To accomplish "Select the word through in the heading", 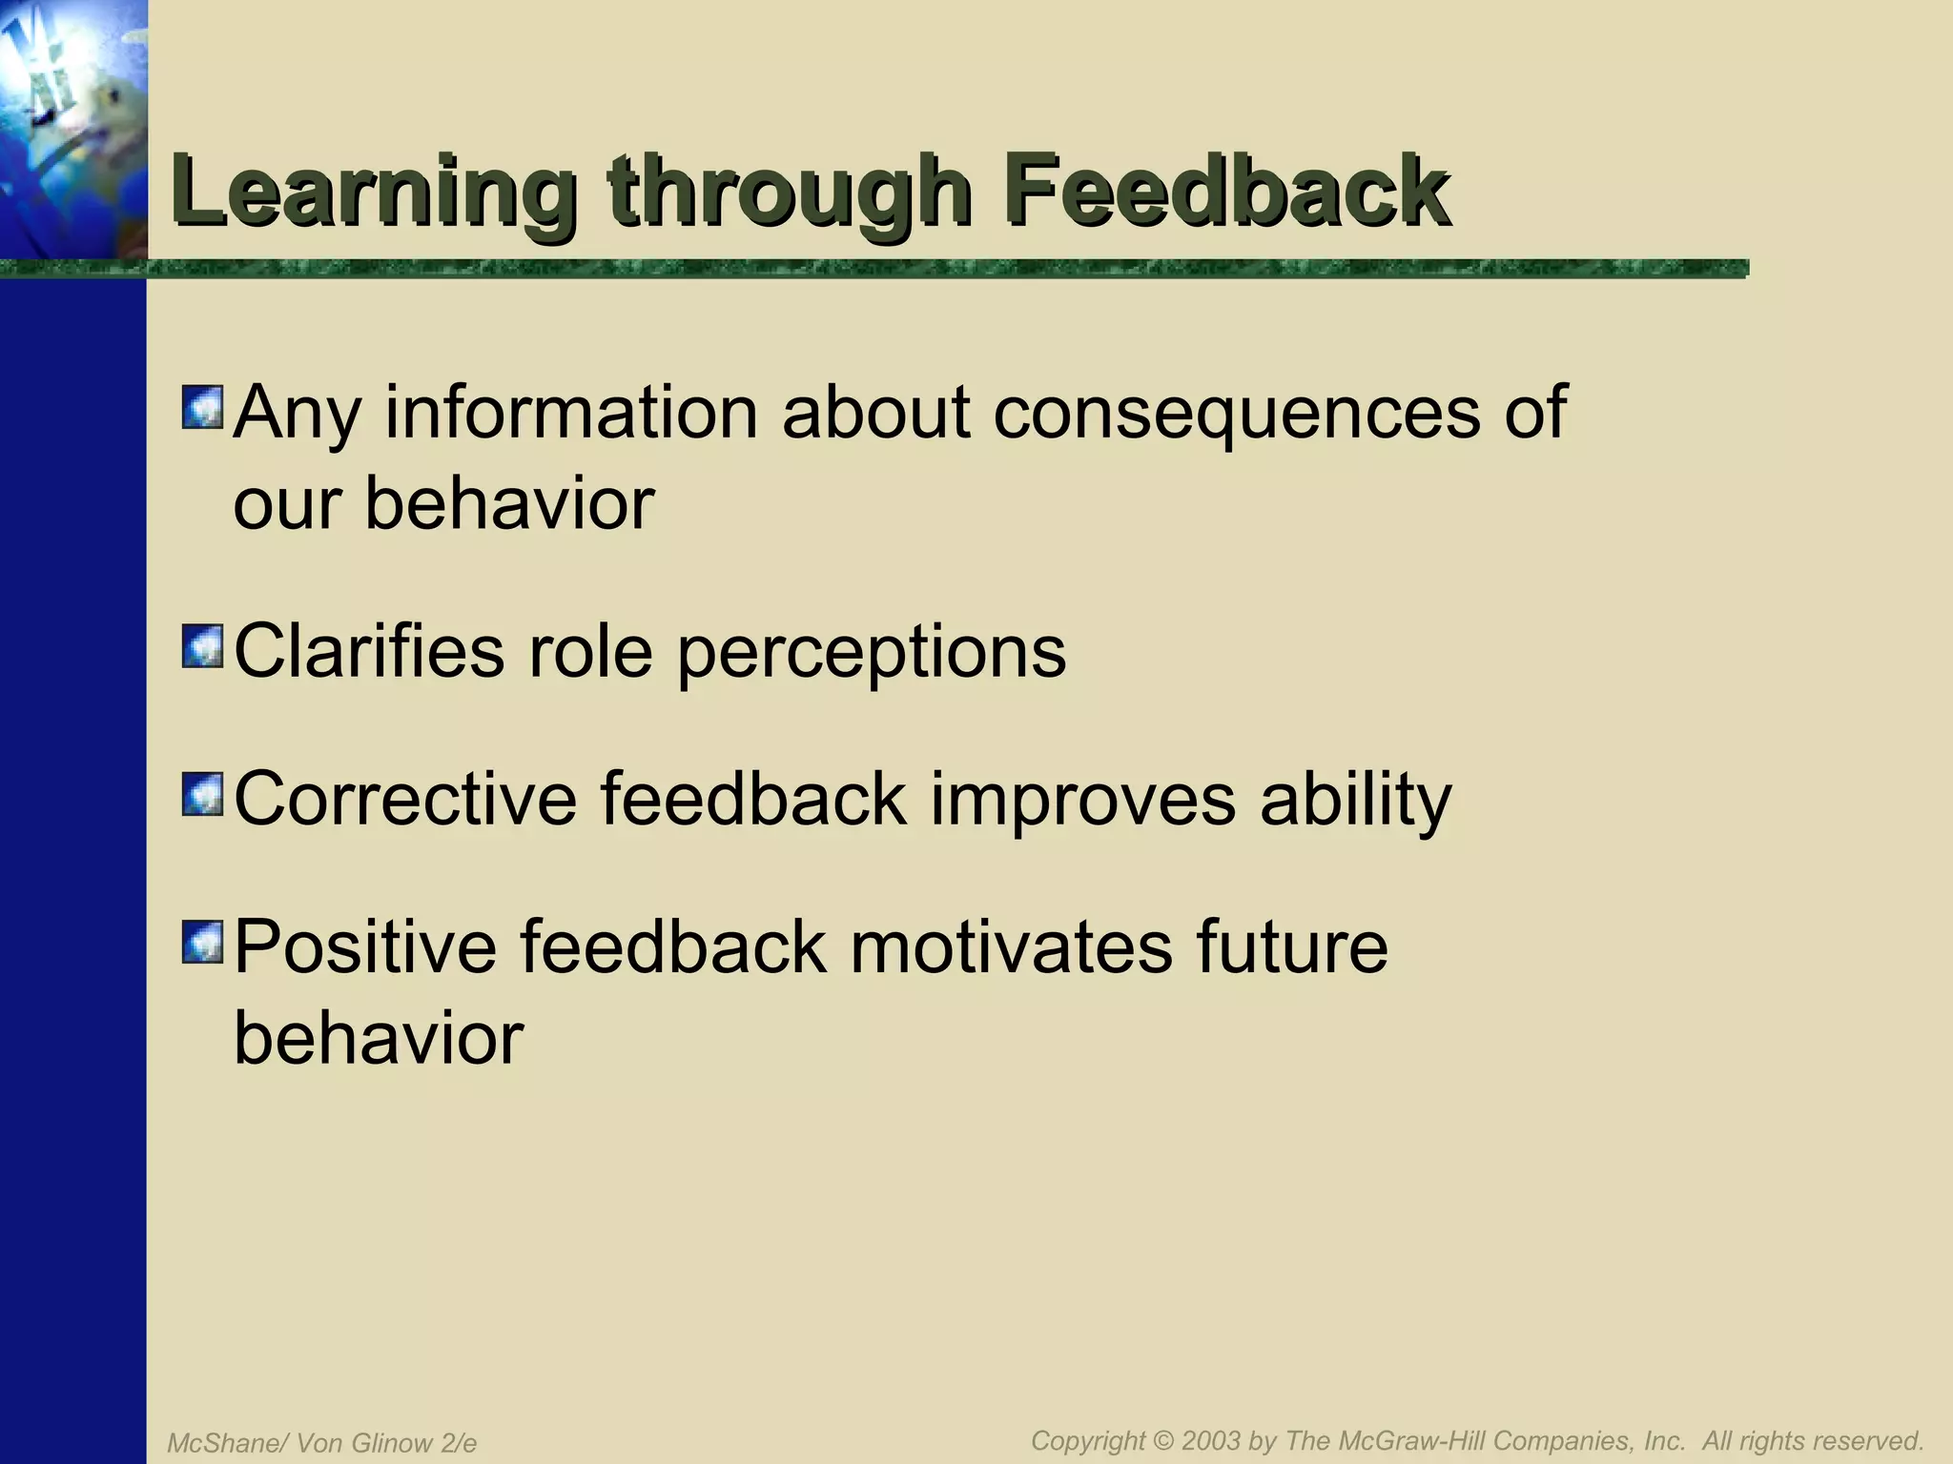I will coord(791,193).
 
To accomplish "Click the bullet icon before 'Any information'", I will coord(202,407).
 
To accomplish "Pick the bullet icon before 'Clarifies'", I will coord(202,646).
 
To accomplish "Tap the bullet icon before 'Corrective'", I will coord(202,794).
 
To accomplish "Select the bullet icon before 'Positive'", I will coord(202,942).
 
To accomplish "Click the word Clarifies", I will coord(368,652).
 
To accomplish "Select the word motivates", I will coord(1011,947).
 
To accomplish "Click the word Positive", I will coord(365,947).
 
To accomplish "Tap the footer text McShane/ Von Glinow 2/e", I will coord(321,1443).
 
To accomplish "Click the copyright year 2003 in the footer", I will coord(1212,1440).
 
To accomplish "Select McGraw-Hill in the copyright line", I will coord(1410,1440).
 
